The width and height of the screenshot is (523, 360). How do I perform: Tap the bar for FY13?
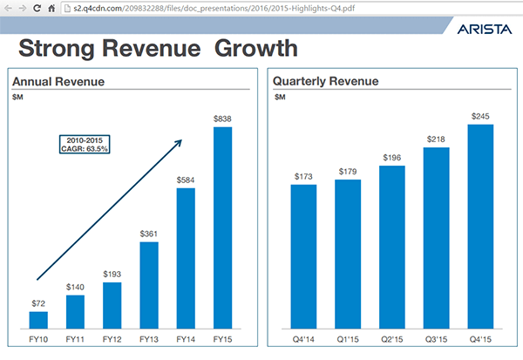pos(149,284)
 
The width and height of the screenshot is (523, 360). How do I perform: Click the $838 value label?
pos(223,118)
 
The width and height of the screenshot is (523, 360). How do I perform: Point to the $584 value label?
pos(187,180)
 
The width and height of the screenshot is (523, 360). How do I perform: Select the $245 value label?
pos(481,115)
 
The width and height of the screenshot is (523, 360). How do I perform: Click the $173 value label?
pos(303,175)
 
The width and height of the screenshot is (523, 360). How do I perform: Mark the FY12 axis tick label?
pos(112,338)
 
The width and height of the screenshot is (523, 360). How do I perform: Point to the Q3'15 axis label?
pos(437,338)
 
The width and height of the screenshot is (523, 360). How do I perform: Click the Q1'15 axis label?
pos(348,338)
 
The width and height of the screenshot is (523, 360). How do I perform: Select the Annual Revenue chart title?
pos(58,82)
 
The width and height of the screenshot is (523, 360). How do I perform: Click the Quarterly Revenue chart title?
pos(325,81)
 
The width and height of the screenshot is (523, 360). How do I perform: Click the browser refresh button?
pos(37,8)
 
